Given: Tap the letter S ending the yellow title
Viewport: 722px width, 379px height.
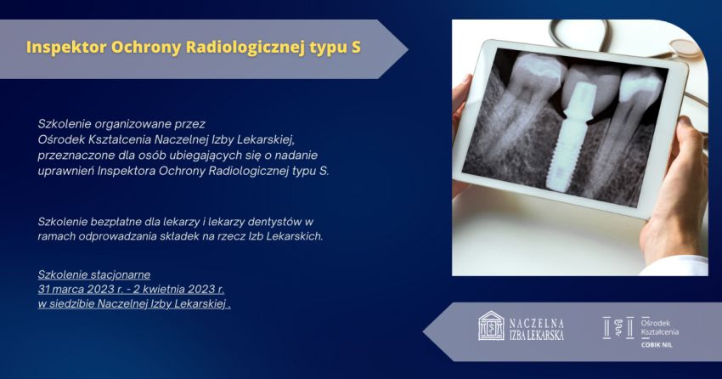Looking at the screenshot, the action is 356,47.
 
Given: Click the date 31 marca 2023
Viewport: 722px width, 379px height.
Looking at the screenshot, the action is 76,290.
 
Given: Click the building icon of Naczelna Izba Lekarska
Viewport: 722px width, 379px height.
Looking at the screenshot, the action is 491,325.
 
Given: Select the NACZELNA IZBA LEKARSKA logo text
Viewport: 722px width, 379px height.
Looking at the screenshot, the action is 537,329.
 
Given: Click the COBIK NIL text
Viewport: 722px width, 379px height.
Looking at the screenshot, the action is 657,344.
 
